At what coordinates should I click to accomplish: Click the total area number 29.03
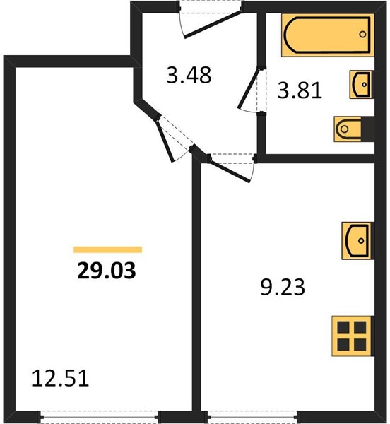click(x=106, y=271)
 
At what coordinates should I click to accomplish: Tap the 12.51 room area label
click(x=61, y=378)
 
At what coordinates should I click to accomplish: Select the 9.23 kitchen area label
click(x=283, y=287)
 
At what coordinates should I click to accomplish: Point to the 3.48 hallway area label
click(x=189, y=75)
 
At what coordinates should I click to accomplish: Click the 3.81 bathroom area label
click(x=300, y=90)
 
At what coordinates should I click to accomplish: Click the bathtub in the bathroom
click(x=328, y=35)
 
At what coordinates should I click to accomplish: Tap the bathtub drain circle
click(x=362, y=35)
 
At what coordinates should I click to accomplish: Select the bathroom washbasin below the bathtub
click(x=360, y=84)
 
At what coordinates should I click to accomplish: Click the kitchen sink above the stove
click(x=357, y=241)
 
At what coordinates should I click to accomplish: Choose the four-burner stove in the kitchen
click(x=353, y=336)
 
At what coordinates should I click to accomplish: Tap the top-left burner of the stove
click(x=343, y=327)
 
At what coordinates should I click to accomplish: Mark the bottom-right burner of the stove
click(x=360, y=345)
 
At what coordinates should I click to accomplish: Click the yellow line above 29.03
click(x=107, y=249)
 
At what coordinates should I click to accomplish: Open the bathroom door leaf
click(x=248, y=89)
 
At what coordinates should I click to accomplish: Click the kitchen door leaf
click(x=230, y=172)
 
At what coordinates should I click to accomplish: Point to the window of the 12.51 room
click(x=99, y=416)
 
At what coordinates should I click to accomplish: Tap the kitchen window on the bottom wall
click(x=252, y=416)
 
